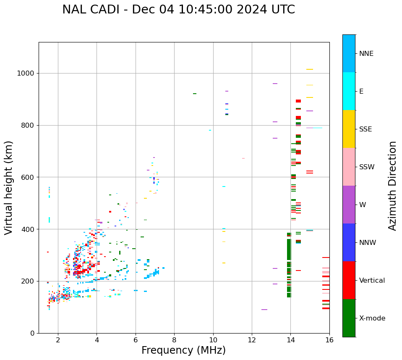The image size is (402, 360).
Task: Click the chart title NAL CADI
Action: pos(178,10)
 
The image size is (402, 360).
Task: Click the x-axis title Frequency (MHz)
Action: pos(183,350)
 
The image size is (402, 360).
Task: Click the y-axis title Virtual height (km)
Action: pos(9,188)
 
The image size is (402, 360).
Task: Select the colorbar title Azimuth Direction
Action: pos(392,186)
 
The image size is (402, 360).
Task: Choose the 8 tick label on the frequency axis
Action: pos(174,340)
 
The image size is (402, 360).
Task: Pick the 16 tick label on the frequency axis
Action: pos(329,340)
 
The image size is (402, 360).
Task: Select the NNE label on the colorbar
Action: pos(366,54)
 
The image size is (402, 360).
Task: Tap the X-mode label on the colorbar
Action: pos(372,318)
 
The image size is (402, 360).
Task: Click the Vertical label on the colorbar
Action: pos(372,281)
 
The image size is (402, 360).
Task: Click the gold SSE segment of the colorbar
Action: pos(349,129)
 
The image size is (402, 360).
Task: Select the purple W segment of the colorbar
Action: pos(349,205)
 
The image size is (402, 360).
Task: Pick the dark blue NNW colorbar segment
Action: pos(349,242)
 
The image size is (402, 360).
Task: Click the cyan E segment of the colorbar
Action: pos(349,91)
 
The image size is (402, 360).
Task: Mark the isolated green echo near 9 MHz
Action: pos(195,94)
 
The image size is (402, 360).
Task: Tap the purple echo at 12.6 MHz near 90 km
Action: pos(264,310)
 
